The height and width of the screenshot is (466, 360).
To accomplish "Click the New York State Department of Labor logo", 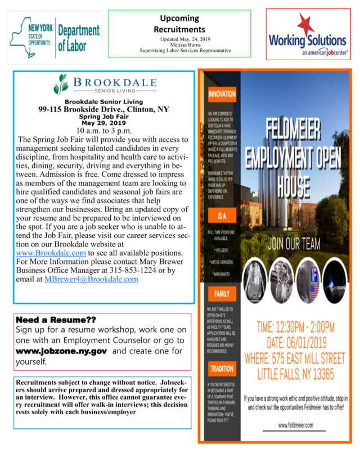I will click(55, 37).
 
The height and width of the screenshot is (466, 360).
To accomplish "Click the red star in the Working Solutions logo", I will click(306, 25).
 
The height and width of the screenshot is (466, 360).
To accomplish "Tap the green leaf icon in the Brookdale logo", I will click(60, 84).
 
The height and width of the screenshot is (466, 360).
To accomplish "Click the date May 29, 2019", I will click(104, 122).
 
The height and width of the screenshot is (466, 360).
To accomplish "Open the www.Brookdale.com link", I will click(51, 253).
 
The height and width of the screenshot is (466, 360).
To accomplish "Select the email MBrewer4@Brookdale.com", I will click(91, 279).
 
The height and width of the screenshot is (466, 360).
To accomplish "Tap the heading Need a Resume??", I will click(56, 320).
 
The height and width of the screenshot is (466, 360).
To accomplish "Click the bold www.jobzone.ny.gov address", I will click(61, 351).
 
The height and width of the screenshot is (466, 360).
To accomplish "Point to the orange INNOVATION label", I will click(222, 95).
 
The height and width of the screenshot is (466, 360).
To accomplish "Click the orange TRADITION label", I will click(220, 369).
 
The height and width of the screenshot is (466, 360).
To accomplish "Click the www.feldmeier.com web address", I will click(295, 425).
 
